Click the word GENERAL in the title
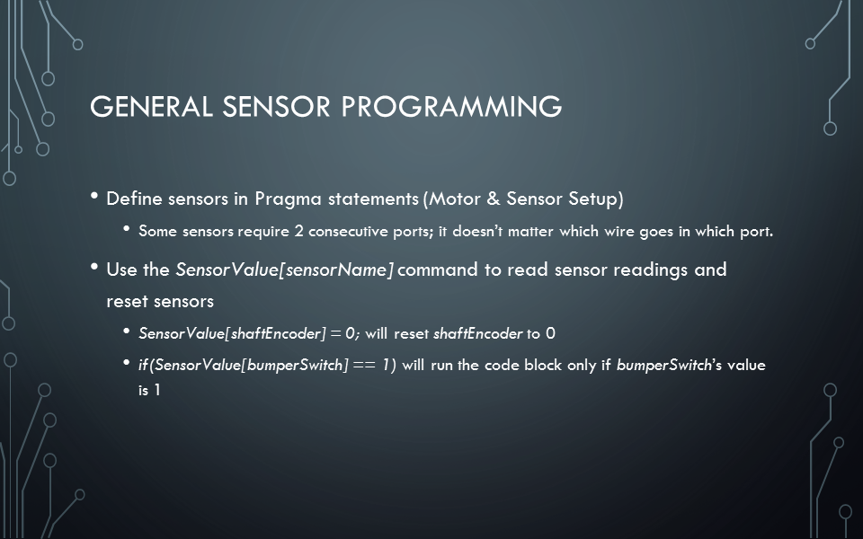pos(151,107)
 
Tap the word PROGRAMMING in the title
pos(451,107)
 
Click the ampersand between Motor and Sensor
pos(494,199)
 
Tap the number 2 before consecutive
pos(298,231)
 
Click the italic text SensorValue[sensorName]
pos(285,270)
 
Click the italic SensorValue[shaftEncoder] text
pos(232,334)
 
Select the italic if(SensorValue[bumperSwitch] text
pos(244,366)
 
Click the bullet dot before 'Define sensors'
pos(94,196)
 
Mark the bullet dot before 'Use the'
pos(94,268)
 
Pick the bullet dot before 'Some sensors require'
pos(127,228)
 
